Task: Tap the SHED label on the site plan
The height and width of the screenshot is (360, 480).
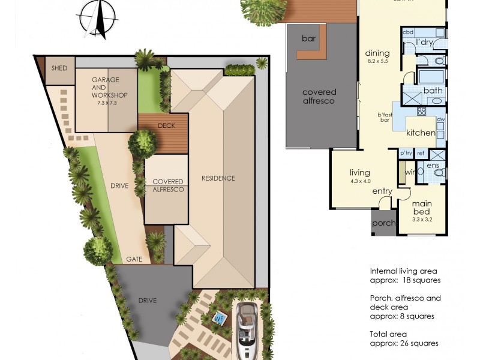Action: click(59, 68)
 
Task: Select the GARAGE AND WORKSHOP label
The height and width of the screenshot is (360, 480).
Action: click(106, 88)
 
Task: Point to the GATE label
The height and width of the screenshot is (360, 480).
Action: click(134, 259)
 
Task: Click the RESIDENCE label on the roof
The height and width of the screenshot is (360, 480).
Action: click(218, 178)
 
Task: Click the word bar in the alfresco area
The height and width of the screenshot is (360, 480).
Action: click(309, 38)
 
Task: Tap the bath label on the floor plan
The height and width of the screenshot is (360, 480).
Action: click(433, 91)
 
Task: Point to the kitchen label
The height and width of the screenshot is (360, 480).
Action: click(421, 132)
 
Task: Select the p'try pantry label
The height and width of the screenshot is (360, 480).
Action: click(406, 154)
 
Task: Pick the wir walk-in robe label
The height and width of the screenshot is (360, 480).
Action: click(410, 173)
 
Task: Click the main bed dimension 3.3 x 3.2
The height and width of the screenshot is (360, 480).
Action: click(422, 220)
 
